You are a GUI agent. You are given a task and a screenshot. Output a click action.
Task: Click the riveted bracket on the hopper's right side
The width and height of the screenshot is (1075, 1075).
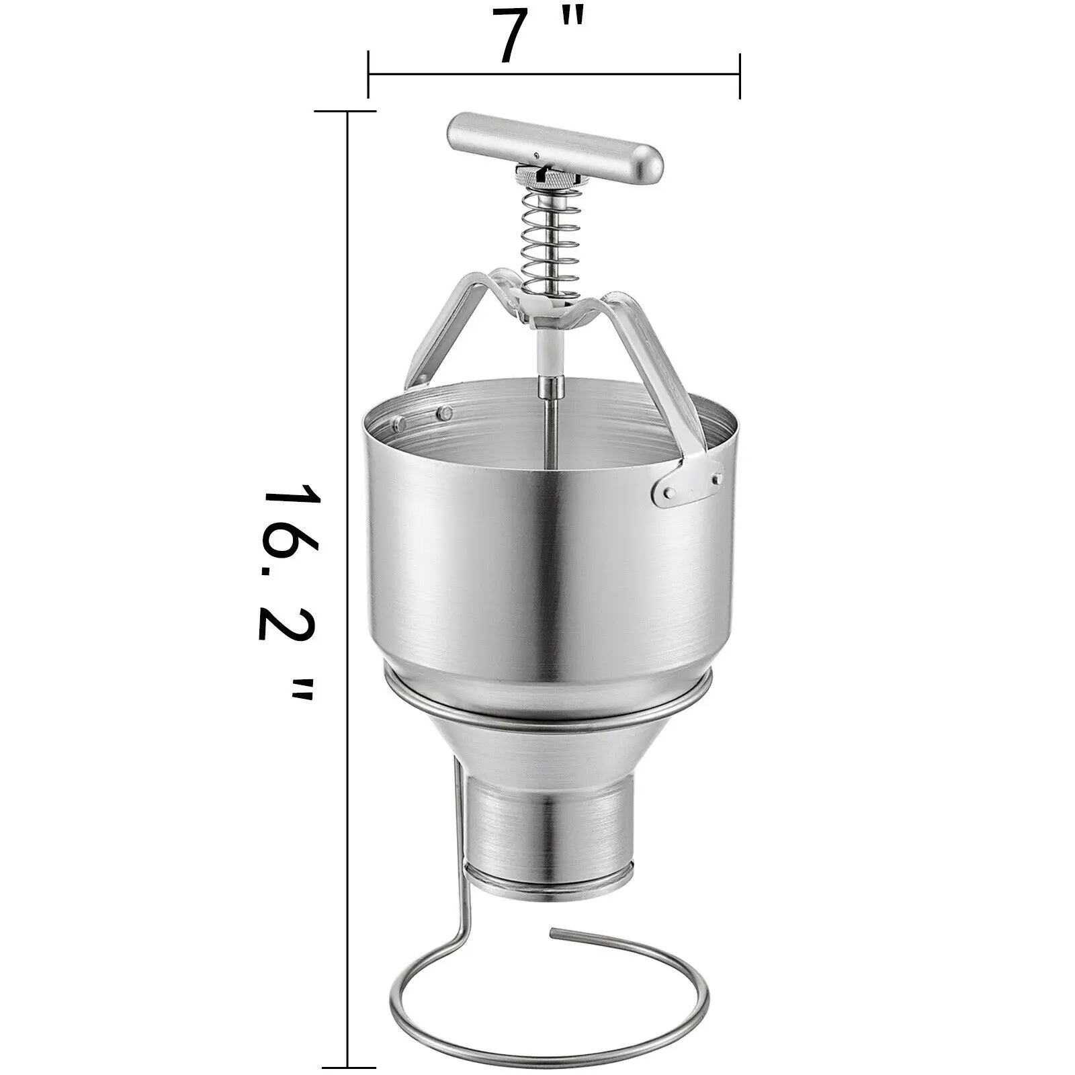coord(688,481)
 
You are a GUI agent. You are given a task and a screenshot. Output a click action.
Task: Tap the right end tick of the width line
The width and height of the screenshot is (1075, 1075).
coord(740,75)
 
